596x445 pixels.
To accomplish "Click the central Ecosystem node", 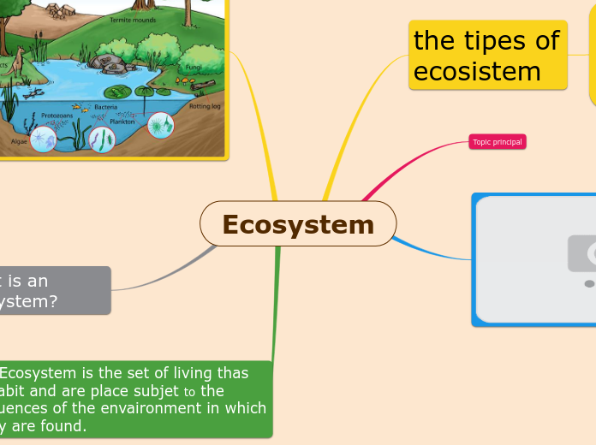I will [298, 224].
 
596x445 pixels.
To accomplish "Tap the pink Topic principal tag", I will [497, 141].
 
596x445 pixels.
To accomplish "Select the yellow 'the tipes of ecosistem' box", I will [487, 55].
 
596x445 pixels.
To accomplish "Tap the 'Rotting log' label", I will [205, 106].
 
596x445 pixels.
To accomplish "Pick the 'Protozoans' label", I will [58, 115].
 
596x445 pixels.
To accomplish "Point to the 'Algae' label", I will [19, 141].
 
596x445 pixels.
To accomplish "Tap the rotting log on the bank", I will [204, 86].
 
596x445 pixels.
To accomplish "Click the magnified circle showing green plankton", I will [160, 126].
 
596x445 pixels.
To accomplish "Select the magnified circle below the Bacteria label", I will [102, 139].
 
